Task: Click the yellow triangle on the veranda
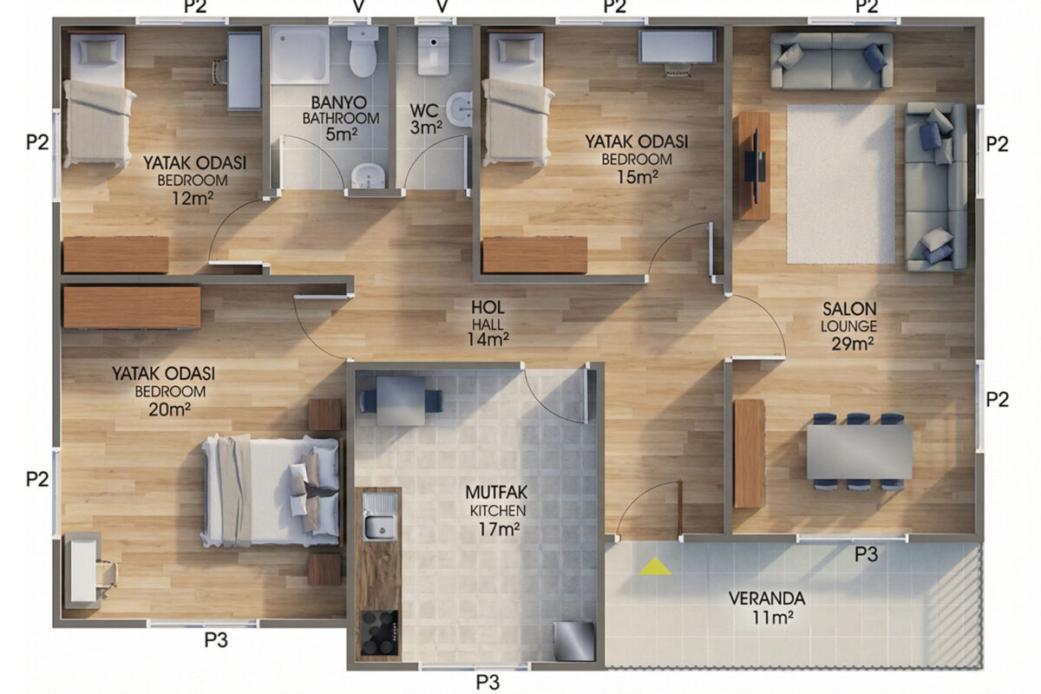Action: point(655,567)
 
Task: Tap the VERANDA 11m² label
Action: point(767,607)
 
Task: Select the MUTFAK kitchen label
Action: point(497,510)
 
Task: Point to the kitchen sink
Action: point(380,516)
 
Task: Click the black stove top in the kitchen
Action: point(379,632)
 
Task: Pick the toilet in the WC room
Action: point(433,50)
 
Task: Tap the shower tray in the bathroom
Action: point(300,55)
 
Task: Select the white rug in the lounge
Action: point(841,184)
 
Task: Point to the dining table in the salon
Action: point(860,451)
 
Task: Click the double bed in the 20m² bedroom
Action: point(272,490)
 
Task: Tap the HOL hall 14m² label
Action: point(488,323)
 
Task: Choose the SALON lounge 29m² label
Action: point(849,326)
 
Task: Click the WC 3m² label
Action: point(425,119)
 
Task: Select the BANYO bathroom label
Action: point(340,118)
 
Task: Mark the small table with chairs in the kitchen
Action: point(401,401)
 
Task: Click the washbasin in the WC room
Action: point(460,109)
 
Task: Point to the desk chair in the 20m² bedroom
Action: point(107,577)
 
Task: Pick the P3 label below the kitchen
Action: point(488,683)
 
